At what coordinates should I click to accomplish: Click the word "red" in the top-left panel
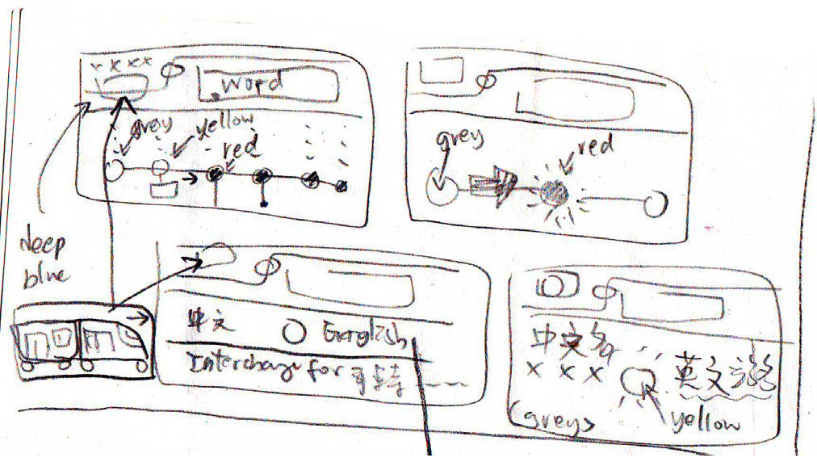coord(242,147)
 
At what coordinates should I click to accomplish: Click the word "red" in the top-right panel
coord(596,147)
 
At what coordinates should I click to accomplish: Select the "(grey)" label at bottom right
coord(555,419)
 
